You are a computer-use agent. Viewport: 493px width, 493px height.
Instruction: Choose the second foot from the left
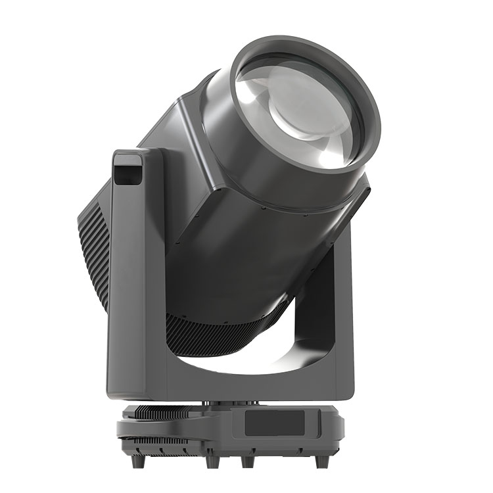coord(213,461)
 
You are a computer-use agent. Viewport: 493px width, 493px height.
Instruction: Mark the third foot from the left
coord(248,461)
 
